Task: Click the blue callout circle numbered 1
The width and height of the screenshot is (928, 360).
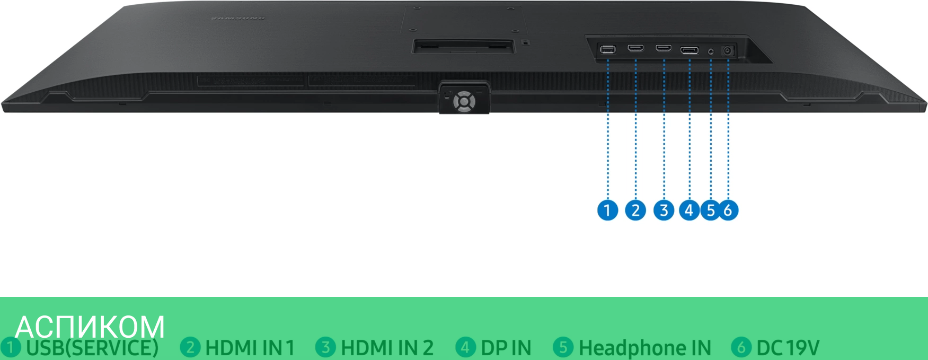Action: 607,210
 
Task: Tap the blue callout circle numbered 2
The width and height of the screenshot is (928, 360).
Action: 635,210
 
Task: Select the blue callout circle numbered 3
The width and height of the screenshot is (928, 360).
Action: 664,210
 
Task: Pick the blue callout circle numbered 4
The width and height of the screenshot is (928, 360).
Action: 689,210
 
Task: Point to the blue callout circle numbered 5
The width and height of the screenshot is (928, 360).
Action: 711,210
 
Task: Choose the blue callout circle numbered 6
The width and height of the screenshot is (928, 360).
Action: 728,210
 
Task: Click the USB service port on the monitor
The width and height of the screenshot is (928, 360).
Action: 608,50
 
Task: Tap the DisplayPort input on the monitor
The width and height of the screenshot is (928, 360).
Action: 690,51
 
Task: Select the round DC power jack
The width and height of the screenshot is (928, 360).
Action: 728,51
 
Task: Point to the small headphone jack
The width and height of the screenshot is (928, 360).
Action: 711,51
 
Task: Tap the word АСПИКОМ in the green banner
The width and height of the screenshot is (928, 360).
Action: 90,327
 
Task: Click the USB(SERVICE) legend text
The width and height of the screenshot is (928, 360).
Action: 92,348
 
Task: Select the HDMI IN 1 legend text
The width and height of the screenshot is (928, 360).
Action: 250,348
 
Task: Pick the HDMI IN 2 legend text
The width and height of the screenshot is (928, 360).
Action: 387,348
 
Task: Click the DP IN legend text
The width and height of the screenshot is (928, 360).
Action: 506,348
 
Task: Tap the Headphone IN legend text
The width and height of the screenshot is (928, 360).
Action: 644,348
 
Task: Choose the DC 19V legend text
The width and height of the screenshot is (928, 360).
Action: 788,348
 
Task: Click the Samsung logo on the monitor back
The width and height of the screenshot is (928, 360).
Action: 238,19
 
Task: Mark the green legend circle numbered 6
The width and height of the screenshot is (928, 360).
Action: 741,347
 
